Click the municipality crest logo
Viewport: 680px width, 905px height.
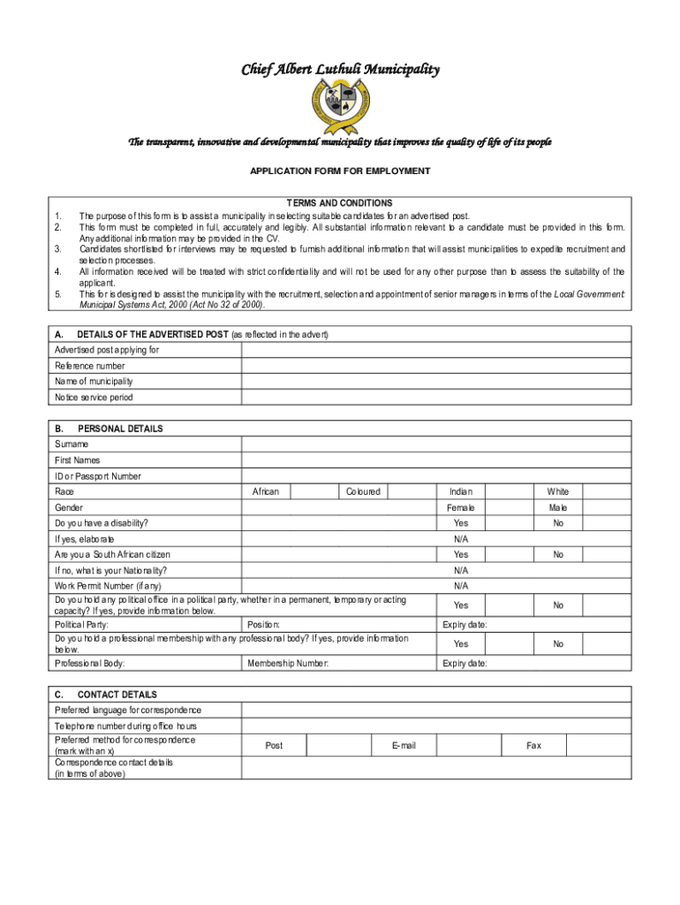point(340,107)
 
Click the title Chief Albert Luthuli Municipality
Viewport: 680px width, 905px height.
point(340,70)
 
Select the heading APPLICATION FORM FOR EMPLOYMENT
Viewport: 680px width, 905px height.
point(340,171)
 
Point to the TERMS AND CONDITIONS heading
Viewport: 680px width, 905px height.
point(340,203)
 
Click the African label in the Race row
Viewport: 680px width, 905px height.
point(266,492)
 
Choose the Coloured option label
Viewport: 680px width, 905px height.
point(363,492)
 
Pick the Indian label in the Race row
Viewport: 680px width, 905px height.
point(461,492)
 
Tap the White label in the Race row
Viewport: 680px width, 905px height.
point(558,492)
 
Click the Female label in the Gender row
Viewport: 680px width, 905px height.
point(461,508)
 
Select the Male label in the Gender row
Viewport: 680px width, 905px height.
point(558,508)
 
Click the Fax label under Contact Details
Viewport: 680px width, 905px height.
point(533,746)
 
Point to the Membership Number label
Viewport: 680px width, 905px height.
point(288,663)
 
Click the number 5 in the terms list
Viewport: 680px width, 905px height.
point(57,294)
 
